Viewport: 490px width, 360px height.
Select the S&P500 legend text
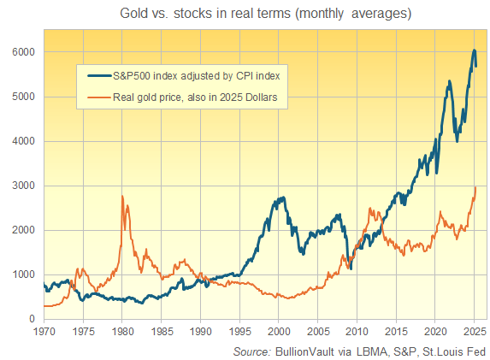[197, 76]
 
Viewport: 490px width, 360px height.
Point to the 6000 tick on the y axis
[23, 52]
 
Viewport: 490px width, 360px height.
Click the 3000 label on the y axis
[23, 186]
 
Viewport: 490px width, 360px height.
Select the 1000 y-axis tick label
[23, 274]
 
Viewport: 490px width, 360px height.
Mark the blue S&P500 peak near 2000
[280, 198]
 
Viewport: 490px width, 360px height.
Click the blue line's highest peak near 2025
[474, 50]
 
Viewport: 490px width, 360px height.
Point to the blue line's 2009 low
[350, 268]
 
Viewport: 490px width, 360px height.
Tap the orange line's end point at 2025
[475, 187]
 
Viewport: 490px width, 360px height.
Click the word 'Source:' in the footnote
[252, 351]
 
